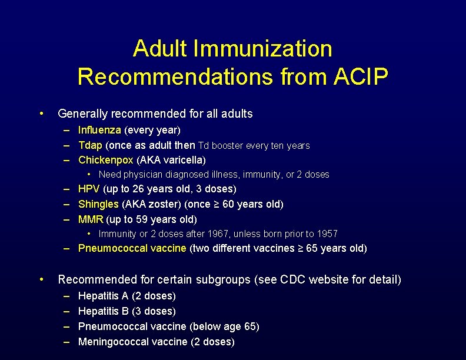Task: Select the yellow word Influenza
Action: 99,129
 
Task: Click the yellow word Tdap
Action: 91,145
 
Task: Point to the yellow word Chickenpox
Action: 105,160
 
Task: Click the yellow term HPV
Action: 89,189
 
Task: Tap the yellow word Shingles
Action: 98,204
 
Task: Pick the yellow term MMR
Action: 91,219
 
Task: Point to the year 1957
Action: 326,234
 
